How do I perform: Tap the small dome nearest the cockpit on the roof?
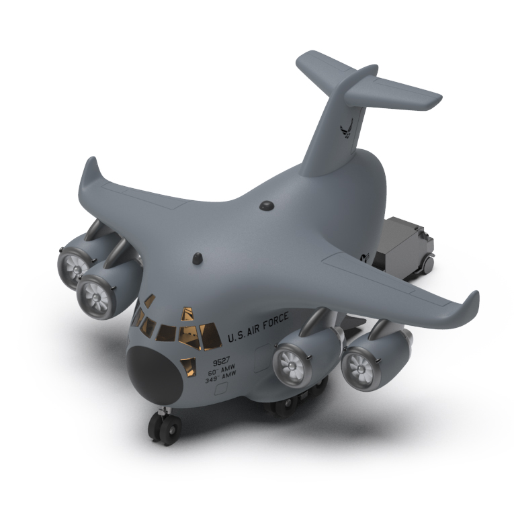pos(199,257)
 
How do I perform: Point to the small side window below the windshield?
pos(189,366)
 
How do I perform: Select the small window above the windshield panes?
pos(188,312)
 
